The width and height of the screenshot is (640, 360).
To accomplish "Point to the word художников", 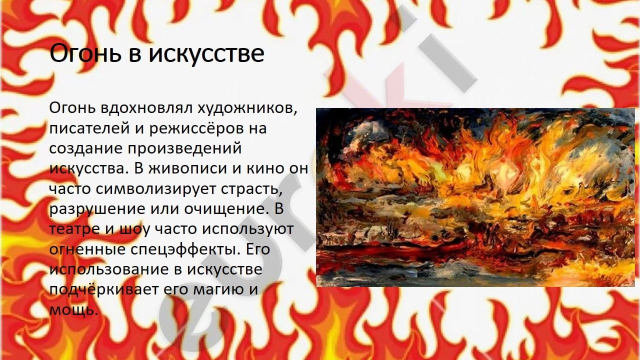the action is click(247, 109).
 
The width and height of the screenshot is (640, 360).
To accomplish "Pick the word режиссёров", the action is click(196, 128).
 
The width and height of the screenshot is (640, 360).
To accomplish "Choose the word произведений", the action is click(184, 149).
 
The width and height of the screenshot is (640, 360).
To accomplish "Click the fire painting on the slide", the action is click(475, 197).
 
